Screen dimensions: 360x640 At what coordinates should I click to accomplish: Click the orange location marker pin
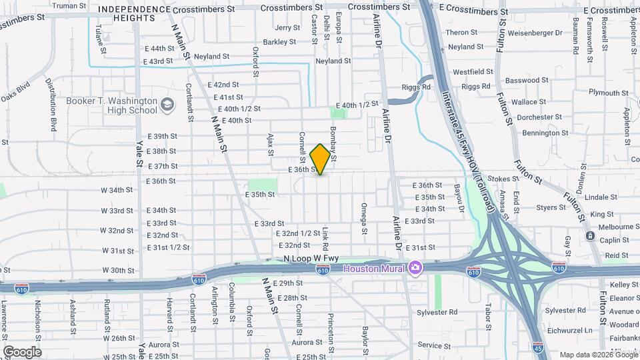pos(320,159)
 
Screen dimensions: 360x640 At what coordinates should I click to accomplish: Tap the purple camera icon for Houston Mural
pos(415,267)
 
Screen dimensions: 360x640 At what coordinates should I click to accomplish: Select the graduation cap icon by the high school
pos(167,104)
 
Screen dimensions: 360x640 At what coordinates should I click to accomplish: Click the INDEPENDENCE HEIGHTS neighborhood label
pos(133,13)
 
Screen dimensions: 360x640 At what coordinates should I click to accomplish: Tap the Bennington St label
pos(541,133)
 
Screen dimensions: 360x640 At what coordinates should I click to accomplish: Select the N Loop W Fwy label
pos(311,258)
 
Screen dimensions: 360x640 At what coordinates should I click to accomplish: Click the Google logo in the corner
pos(22,351)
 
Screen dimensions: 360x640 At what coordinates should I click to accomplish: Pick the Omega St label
pos(364,219)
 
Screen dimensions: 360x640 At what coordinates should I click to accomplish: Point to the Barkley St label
pos(279,41)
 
